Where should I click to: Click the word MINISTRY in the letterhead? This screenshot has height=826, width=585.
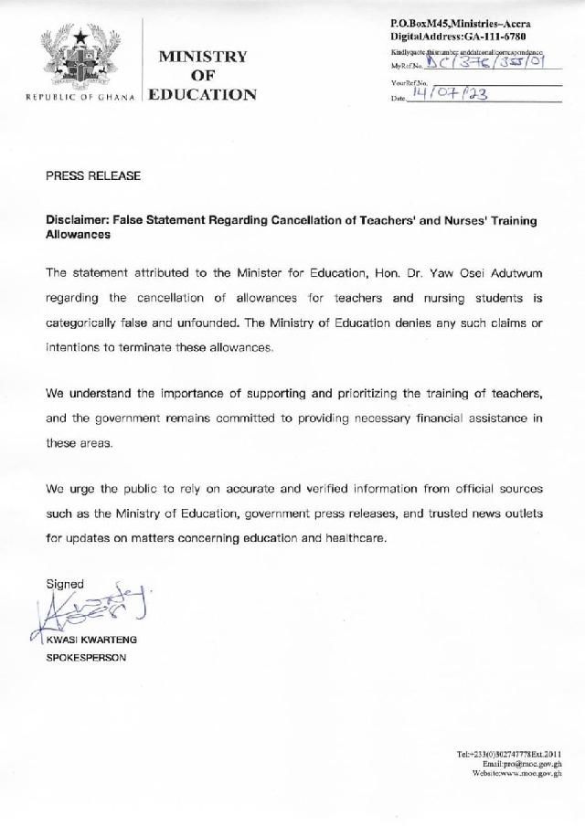click(203, 56)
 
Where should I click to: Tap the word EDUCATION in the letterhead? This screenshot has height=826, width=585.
click(203, 94)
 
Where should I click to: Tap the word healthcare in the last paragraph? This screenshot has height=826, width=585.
click(357, 538)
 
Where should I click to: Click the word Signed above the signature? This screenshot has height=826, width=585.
click(65, 584)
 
